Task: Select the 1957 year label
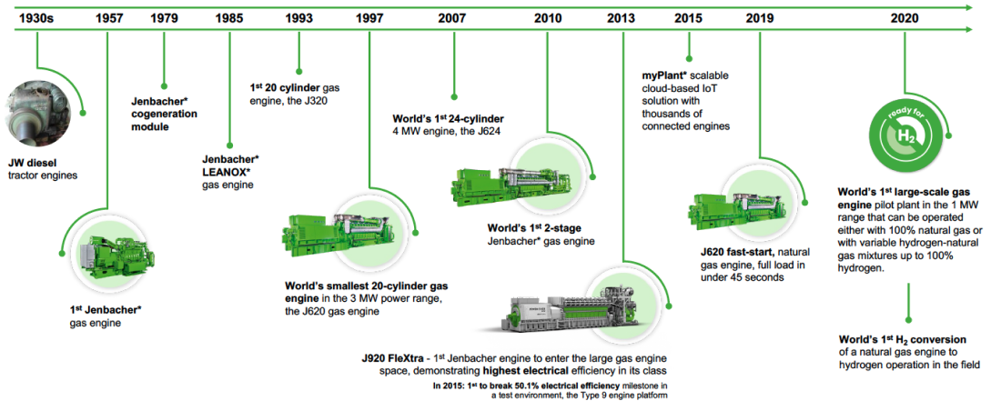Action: click(x=107, y=17)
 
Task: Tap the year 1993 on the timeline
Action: click(x=298, y=17)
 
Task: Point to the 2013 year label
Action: click(x=622, y=17)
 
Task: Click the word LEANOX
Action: click(x=226, y=172)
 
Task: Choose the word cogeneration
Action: click(x=164, y=115)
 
